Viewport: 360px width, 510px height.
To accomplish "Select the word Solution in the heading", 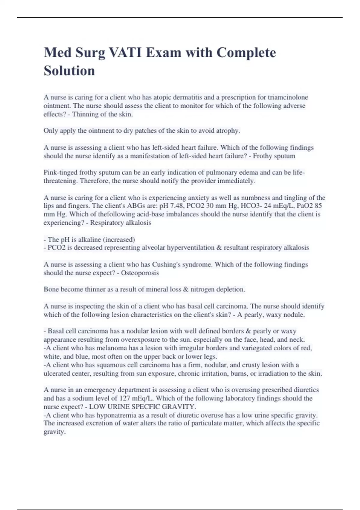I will [x=69, y=71].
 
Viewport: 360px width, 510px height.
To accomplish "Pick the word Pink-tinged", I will [x=60, y=172].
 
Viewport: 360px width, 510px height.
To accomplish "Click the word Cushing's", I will [x=166, y=265].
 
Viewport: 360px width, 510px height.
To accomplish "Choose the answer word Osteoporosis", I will [x=140, y=273].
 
